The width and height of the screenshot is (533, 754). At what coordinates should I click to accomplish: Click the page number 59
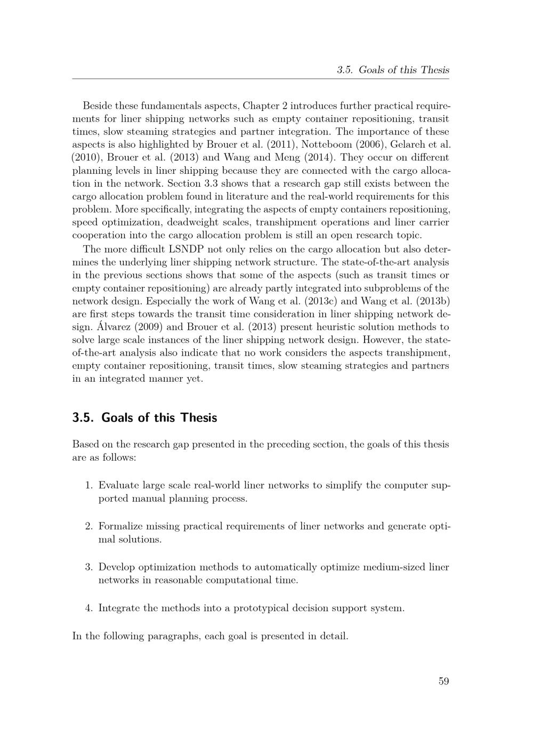pos(443,681)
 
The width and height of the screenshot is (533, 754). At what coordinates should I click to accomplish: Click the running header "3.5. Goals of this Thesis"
pos(393,70)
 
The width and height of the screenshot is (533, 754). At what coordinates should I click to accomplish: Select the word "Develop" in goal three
pos(116,567)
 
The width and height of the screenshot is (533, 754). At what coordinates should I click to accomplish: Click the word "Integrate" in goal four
pos(119,608)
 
